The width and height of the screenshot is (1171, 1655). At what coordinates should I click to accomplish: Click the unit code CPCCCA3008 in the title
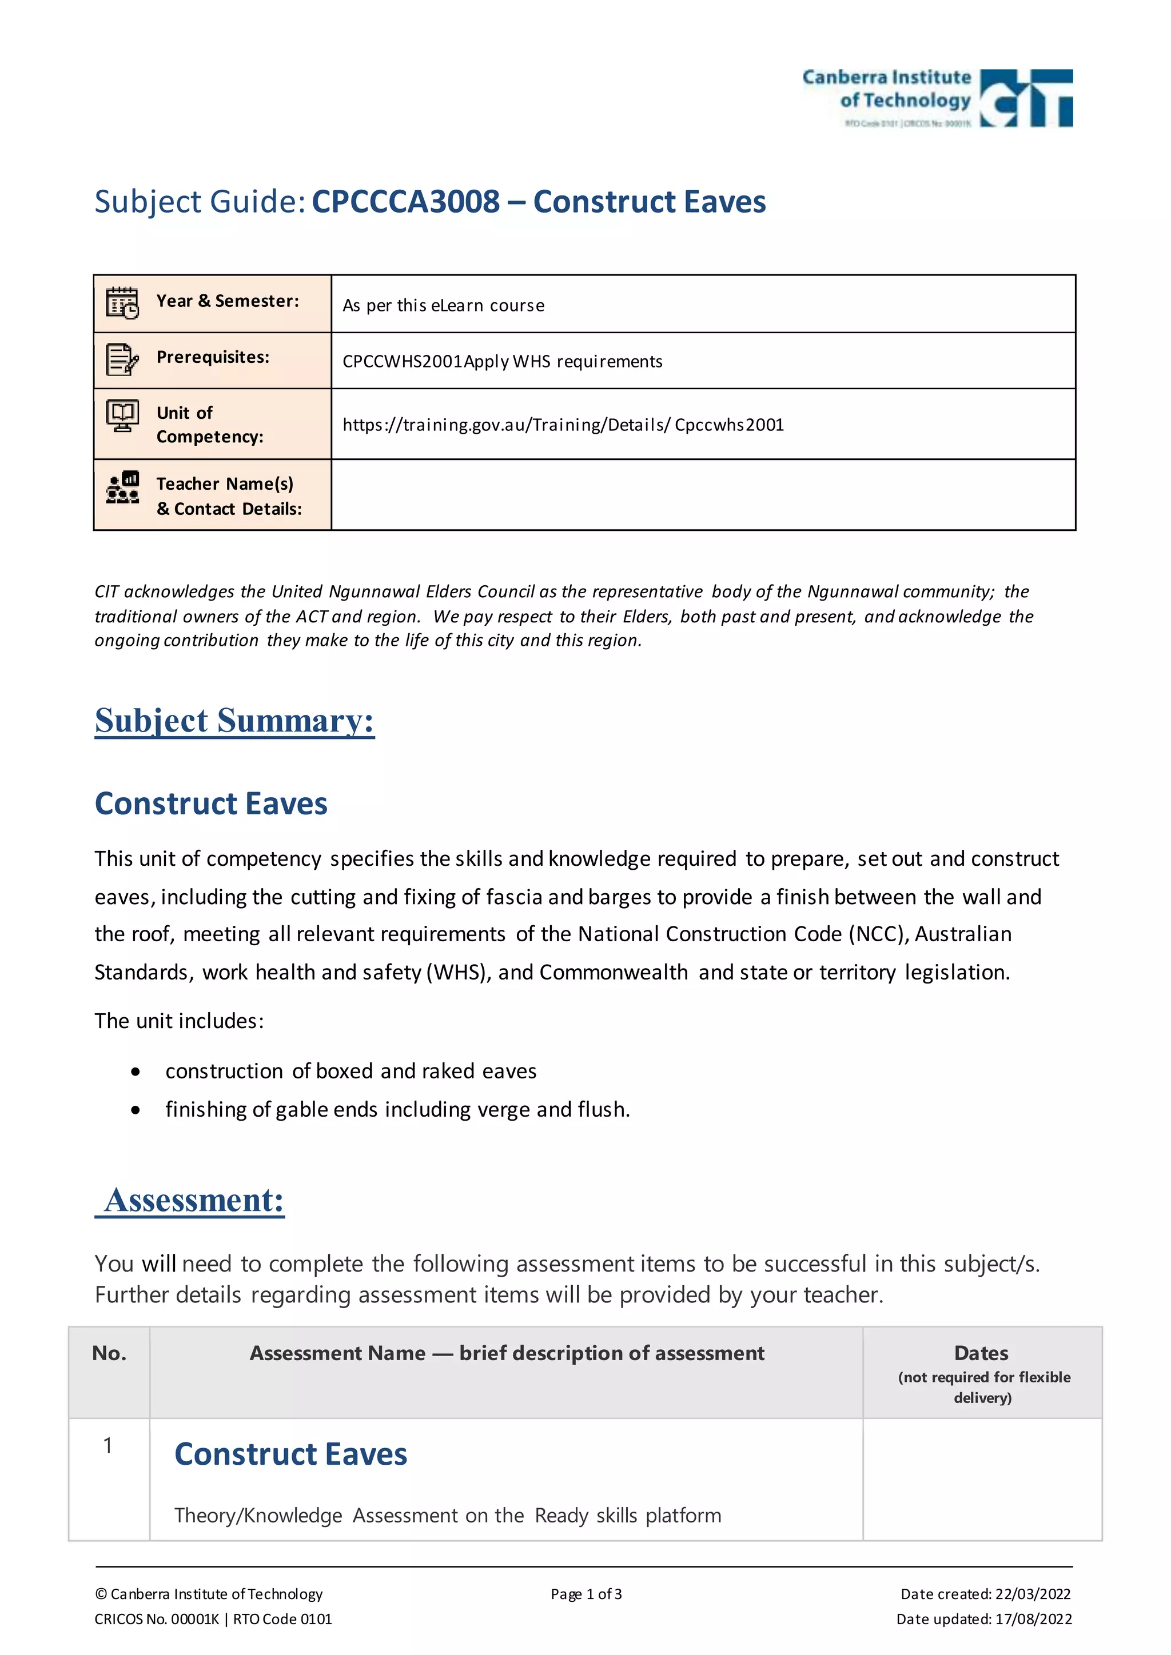[x=405, y=202]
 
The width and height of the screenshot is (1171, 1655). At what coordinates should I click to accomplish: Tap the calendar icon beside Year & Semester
[x=122, y=303]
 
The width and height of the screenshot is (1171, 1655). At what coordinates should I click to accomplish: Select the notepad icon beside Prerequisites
[x=122, y=359]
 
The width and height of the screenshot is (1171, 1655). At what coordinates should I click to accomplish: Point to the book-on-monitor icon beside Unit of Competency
[x=122, y=416]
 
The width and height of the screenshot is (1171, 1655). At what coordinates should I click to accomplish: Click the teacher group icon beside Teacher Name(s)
[x=122, y=488]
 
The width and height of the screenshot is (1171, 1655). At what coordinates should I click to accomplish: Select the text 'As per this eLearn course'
[x=443, y=306]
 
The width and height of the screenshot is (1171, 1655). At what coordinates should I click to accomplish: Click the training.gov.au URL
[x=563, y=425]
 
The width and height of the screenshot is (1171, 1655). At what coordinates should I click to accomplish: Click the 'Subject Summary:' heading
[x=234, y=721]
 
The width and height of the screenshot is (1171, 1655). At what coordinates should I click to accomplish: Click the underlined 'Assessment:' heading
[x=193, y=1201]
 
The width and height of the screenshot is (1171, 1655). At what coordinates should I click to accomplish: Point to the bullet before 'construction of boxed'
[x=136, y=1073]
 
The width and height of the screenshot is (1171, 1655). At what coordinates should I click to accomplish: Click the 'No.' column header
[x=109, y=1354]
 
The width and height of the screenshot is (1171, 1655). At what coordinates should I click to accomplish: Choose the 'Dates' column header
[x=981, y=1354]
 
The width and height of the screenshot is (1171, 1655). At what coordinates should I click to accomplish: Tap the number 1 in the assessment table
[x=107, y=1445]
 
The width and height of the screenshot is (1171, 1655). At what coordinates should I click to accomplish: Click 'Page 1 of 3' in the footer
[x=585, y=1594]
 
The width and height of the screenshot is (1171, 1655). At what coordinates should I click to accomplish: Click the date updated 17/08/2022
[x=1033, y=1619]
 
